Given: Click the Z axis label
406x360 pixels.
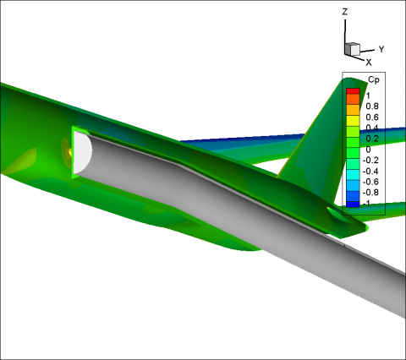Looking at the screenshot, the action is click(x=345, y=12).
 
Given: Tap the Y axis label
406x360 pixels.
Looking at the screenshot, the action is click(x=381, y=49).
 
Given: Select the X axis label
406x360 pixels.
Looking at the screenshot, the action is click(x=369, y=63).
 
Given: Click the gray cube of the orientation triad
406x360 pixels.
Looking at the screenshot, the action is click(x=352, y=49).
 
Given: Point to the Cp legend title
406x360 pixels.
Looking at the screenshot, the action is click(x=374, y=80).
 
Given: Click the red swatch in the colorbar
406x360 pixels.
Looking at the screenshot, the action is click(x=353, y=91).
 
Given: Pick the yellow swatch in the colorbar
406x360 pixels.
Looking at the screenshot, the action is click(x=353, y=121).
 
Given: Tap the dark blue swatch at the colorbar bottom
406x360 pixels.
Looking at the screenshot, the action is click(x=353, y=205).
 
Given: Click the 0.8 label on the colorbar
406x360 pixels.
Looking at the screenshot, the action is click(x=372, y=106).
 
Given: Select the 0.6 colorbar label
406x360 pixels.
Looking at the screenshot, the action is click(x=372, y=117).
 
